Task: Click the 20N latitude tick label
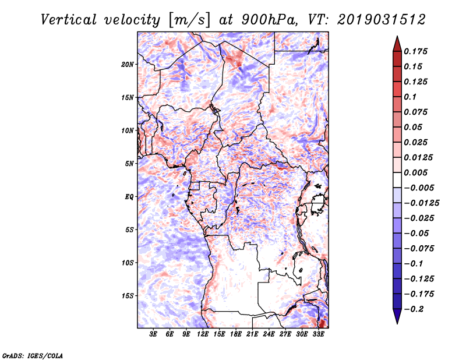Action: (127, 65)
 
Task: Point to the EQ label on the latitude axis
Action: (129, 197)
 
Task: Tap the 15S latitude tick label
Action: (128, 296)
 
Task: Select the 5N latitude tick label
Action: (129, 164)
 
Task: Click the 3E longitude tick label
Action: (153, 334)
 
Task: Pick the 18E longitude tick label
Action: (236, 334)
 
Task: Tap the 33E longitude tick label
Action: (318, 334)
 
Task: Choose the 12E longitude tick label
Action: (203, 334)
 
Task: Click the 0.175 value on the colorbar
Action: (415, 51)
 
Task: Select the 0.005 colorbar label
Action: (415, 172)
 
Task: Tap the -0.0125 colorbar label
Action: (421, 203)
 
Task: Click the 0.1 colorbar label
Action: (410, 97)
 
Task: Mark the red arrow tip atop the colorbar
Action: (397, 36)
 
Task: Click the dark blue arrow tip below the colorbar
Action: (397, 323)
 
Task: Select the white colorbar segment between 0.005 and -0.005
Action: (397, 180)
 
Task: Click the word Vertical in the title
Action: (69, 20)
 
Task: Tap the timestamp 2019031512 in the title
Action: (382, 20)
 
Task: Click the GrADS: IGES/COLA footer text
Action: (33, 356)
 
